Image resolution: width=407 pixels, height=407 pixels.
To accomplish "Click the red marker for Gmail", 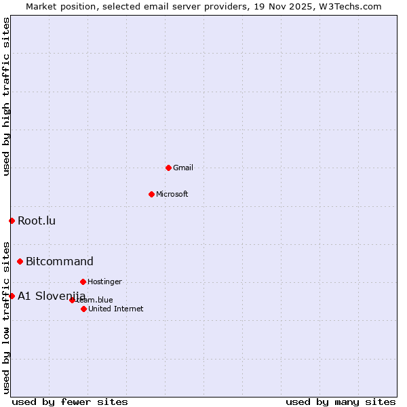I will pos(168,168).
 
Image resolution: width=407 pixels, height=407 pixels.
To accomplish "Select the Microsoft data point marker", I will pos(151,194).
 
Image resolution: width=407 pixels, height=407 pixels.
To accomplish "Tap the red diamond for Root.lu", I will pos(12,220).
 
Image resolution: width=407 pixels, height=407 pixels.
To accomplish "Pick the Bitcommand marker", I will pos(20,261).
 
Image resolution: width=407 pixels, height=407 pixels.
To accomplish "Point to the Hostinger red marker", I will pos(83,282).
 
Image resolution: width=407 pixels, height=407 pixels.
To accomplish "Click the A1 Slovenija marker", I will pos(12,296).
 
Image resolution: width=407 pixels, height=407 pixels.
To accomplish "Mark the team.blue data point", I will pos(72,300).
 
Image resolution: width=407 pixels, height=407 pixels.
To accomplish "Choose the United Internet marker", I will pos(83,309).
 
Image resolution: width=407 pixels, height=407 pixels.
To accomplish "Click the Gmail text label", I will pos(183,168).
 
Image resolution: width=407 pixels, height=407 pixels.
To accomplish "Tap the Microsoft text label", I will pos(172,194).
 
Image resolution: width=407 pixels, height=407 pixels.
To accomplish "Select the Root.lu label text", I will pos(37,220).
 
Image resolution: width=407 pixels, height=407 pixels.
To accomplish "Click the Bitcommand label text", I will pos(60,261).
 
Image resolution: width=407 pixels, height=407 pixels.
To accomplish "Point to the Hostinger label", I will pos(105,282).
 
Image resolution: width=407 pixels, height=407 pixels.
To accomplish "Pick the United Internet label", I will pos(116,309).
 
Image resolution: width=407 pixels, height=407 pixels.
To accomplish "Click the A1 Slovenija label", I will pos(52,296).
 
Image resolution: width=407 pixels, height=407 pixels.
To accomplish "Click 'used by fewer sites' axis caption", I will pos(70,402).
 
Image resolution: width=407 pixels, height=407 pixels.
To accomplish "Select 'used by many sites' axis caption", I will pos(341,402).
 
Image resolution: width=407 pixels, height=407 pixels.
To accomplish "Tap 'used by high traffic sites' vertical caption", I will pos(6,96).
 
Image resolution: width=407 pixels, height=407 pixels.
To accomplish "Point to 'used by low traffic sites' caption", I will pos(6,317).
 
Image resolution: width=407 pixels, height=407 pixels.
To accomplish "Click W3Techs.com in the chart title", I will pos(350,6).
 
